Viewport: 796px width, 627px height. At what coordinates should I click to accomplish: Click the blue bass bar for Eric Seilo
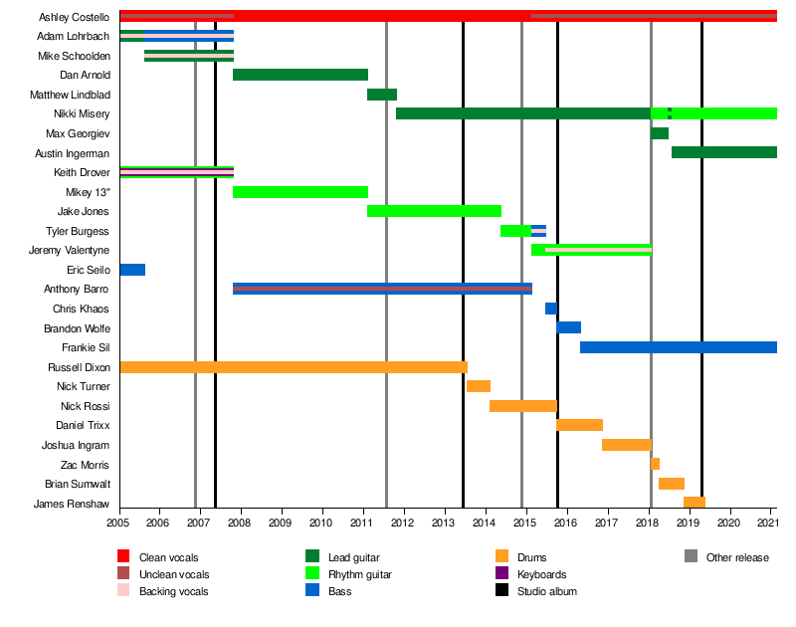(x=132, y=270)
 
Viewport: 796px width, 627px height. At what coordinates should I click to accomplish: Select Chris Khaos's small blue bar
(x=550, y=309)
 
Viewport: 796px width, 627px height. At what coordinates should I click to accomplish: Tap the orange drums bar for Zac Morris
(x=655, y=464)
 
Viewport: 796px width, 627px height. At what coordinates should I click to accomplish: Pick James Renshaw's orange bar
(x=695, y=503)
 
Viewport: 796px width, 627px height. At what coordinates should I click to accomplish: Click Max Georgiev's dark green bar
(x=660, y=133)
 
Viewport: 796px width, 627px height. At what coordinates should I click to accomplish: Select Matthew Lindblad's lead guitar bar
(x=382, y=95)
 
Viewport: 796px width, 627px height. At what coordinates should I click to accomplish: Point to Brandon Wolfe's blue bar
(x=568, y=327)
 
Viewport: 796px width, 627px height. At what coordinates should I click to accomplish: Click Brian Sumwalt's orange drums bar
(x=672, y=484)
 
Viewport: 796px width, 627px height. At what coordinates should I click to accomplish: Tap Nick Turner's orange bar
(x=479, y=386)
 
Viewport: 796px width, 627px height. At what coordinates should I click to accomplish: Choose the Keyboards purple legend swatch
(x=501, y=574)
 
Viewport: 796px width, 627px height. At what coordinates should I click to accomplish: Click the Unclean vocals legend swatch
(x=123, y=574)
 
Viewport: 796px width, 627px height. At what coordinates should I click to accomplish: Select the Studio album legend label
(x=546, y=591)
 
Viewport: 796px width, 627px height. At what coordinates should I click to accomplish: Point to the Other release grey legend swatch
(x=691, y=557)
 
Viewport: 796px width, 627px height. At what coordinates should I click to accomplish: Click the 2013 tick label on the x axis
(x=444, y=522)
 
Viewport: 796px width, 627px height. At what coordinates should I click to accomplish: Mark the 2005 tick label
(x=118, y=522)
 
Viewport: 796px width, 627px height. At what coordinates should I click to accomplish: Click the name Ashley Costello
(x=74, y=18)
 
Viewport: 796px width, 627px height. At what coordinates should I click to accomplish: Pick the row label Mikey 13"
(x=87, y=192)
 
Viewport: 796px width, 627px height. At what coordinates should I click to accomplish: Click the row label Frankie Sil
(x=85, y=347)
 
